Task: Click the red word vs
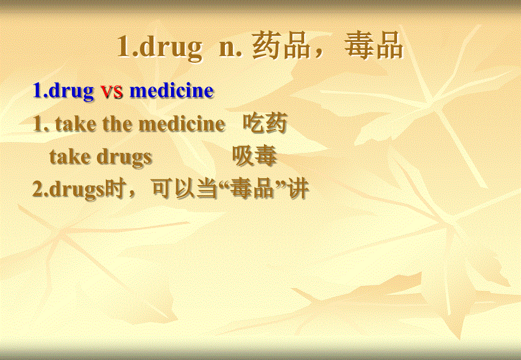click(112, 91)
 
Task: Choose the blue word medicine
click(172, 91)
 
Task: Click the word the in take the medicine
click(118, 124)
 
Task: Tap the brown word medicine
click(181, 124)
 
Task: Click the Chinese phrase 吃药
click(265, 123)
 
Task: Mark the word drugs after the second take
click(124, 157)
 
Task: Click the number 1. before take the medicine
click(41, 124)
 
